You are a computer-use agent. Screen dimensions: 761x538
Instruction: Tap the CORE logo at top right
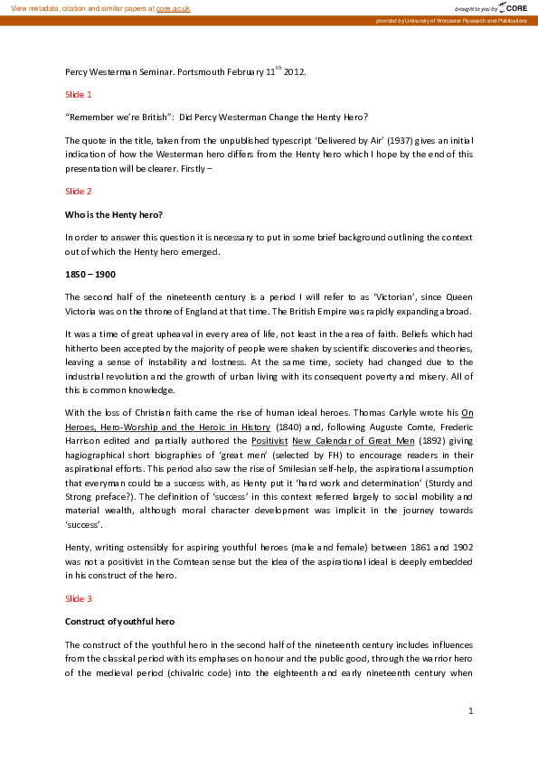505,7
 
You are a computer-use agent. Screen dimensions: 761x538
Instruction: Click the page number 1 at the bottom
471,712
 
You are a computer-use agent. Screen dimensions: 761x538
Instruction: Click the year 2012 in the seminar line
295,71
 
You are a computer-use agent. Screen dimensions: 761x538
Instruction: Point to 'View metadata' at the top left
34,7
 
